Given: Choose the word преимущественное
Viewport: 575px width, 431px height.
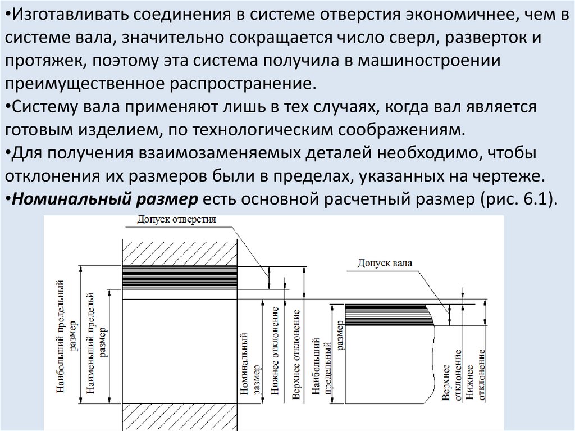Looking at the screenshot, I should (84, 84).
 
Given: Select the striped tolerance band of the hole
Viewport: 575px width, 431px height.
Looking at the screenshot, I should (180, 277).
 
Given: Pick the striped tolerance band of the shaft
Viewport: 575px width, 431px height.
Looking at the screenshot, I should (387, 314).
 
